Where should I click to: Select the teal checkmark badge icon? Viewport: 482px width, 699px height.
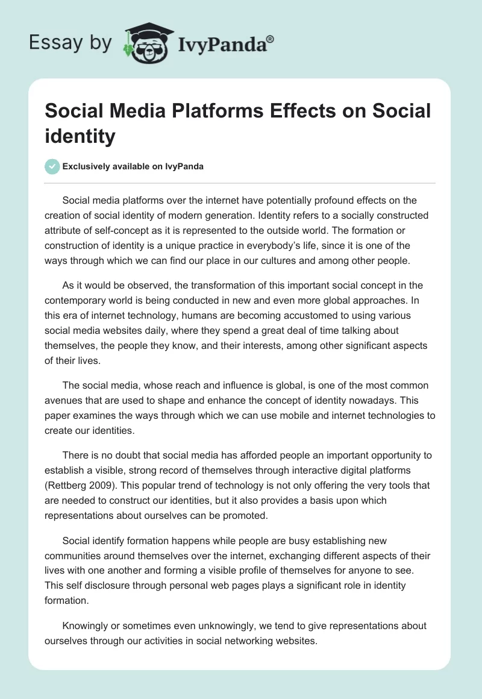[x=52, y=166]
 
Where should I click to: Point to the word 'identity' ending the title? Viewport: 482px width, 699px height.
[x=80, y=136]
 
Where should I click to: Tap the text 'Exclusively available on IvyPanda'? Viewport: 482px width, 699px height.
[x=133, y=167]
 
